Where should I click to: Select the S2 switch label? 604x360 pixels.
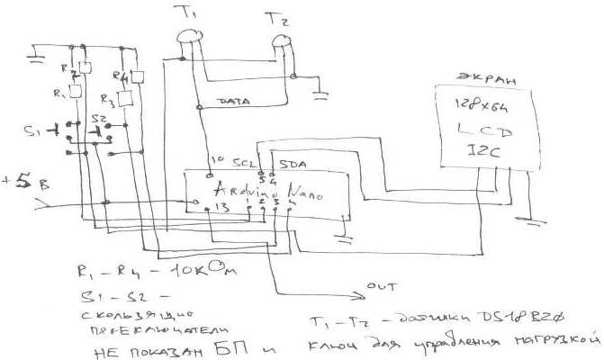99,119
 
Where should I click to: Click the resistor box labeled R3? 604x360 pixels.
125,96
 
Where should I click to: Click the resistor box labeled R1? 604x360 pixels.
76,91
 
